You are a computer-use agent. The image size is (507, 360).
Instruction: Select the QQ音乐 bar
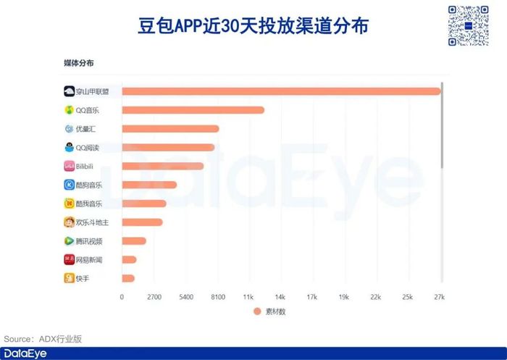click(193, 110)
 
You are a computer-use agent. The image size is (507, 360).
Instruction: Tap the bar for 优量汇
click(170, 129)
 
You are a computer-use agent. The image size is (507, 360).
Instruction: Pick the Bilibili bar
click(162, 166)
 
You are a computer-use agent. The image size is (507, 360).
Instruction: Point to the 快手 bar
click(128, 278)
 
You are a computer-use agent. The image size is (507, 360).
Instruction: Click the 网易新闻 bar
click(129, 259)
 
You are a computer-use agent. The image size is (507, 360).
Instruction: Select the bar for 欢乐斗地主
click(142, 222)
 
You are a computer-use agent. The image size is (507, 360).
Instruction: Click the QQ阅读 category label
click(88, 148)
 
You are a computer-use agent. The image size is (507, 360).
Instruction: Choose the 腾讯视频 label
click(89, 241)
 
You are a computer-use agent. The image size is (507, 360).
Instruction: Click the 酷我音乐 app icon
click(69, 204)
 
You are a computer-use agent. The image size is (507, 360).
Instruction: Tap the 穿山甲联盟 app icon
click(69, 91)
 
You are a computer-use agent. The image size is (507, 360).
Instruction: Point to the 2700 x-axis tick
click(154, 297)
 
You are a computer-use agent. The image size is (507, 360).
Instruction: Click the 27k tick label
click(439, 297)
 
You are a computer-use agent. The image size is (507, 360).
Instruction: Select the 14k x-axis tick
click(280, 297)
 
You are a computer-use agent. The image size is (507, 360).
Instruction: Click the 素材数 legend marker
click(256, 311)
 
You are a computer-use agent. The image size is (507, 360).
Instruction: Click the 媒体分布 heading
click(78, 64)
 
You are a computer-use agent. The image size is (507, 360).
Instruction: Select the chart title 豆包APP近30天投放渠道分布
click(253, 26)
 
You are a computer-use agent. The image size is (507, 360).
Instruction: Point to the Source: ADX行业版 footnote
click(43, 339)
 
